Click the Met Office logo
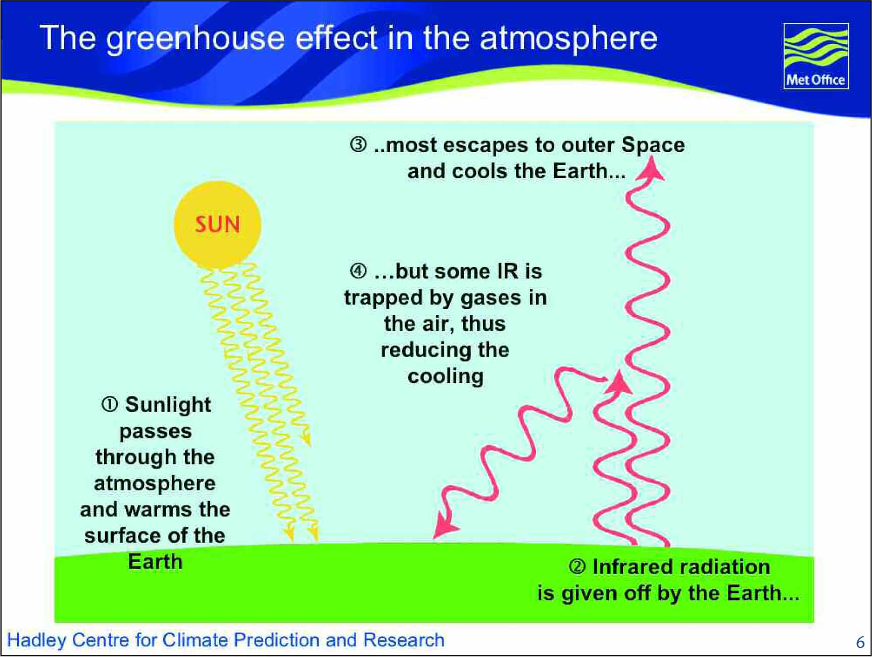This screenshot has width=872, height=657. (x=816, y=56)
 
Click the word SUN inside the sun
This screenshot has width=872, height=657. (x=218, y=224)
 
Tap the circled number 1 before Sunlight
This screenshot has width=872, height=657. (x=110, y=405)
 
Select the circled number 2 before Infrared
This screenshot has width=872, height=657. (x=577, y=567)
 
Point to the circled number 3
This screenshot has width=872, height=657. (x=358, y=145)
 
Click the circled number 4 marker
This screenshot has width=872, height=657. (x=358, y=271)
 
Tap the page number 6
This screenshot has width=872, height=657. (x=860, y=642)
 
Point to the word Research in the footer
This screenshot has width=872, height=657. (x=404, y=640)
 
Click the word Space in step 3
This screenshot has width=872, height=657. (x=653, y=145)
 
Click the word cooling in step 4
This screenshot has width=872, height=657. (x=446, y=377)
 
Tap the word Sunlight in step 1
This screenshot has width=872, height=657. (x=168, y=405)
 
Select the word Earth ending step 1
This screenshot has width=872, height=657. (x=155, y=562)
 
